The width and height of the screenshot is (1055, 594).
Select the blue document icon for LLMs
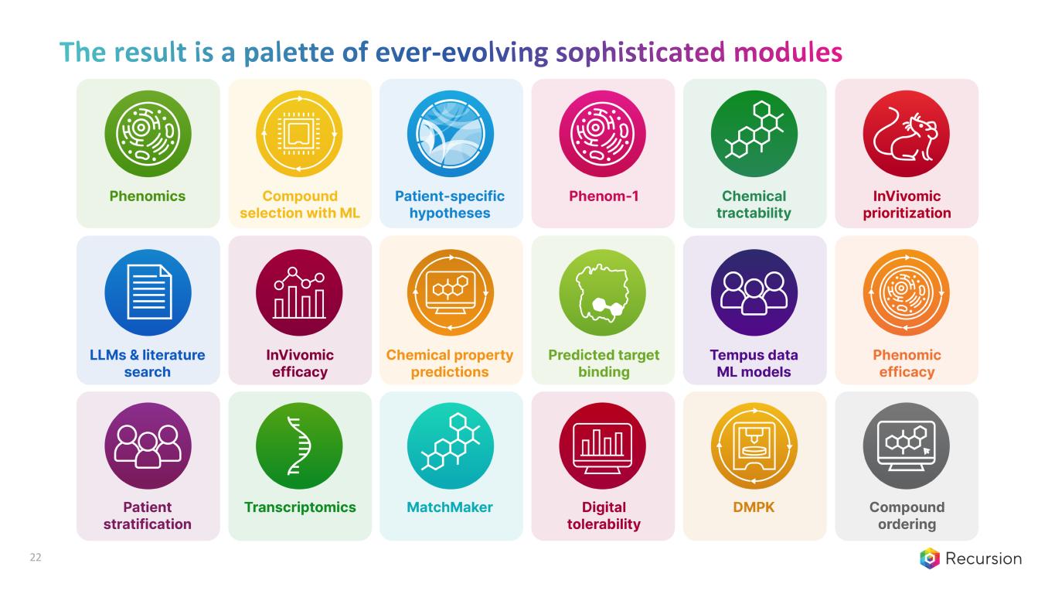pos(148,292)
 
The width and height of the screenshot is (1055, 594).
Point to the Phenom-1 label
pos(604,196)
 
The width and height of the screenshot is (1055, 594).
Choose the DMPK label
pos(754,507)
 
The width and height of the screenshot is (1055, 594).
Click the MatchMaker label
pos(450,507)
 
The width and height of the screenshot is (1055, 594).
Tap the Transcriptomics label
pos(300,507)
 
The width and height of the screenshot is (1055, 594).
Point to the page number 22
pos(36,558)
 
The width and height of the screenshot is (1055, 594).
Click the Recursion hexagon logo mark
pos(930,558)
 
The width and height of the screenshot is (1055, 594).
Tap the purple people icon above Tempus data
pos(754,292)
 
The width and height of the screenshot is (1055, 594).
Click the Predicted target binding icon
pos(604,292)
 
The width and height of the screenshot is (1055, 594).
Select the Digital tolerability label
pos(604,516)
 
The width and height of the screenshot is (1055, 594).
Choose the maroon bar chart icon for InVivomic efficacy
pos(299,292)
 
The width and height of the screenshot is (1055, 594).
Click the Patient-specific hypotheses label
pos(450,204)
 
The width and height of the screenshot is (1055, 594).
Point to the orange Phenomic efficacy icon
pos(906,292)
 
